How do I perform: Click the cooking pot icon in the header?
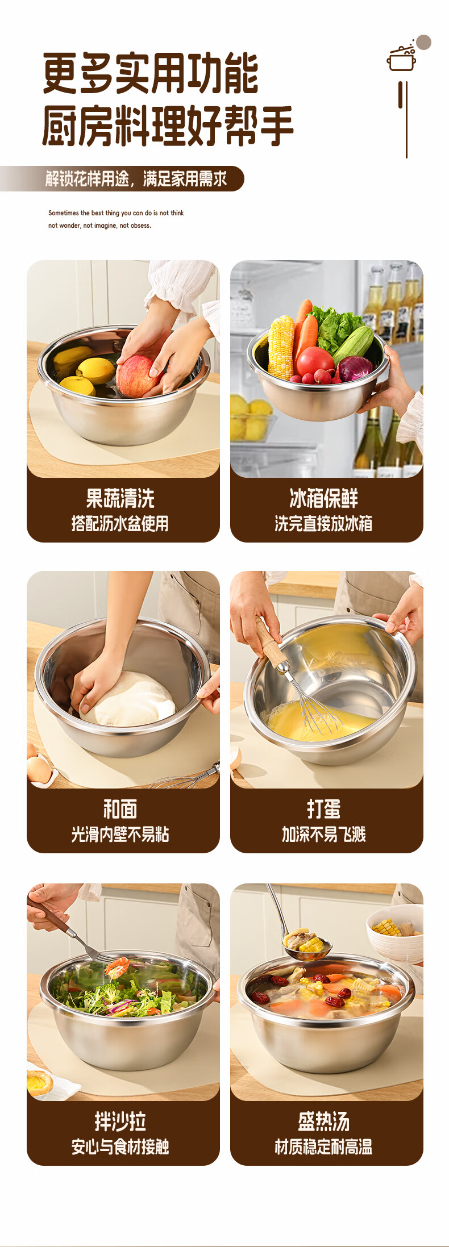pyautogui.click(x=402, y=57)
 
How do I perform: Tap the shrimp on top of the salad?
pyautogui.click(x=117, y=966)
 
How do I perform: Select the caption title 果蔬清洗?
pyautogui.click(x=120, y=498)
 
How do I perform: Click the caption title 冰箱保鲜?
pyautogui.click(x=323, y=498)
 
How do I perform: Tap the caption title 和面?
pyautogui.click(x=120, y=809)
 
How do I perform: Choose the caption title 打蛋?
pyautogui.click(x=323, y=809)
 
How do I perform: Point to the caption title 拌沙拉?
pyautogui.click(x=120, y=1121)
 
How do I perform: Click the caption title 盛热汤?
pyautogui.click(x=323, y=1121)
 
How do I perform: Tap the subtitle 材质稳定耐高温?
pyautogui.click(x=323, y=1147)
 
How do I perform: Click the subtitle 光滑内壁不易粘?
pyautogui.click(x=120, y=834)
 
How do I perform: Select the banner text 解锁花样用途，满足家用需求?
pyautogui.click(x=136, y=179)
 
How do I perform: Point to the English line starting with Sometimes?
pyautogui.click(x=116, y=213)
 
